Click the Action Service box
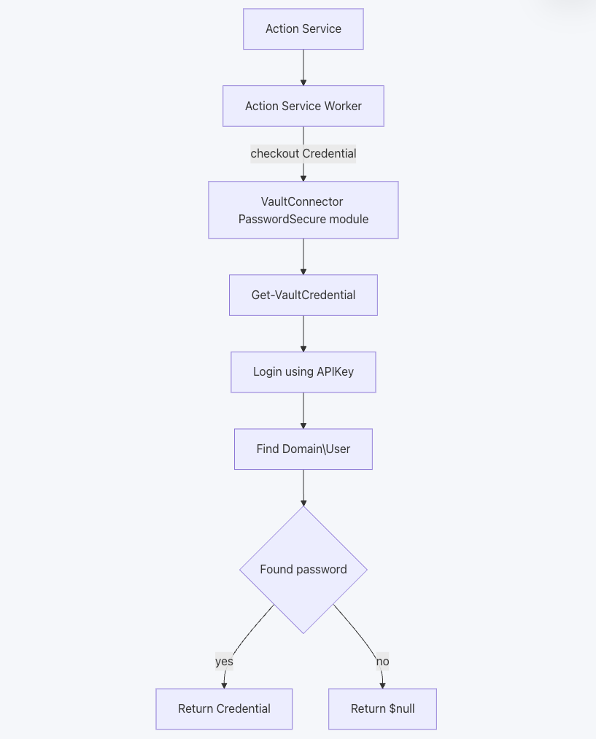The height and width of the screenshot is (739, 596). tap(303, 29)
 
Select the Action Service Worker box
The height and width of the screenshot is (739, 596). tap(303, 107)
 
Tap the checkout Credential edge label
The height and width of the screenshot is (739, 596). tap(303, 154)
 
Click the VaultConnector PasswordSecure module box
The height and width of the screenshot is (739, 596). tap(303, 210)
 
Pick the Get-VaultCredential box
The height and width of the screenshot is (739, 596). tap(303, 295)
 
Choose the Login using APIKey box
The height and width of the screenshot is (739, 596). tap(303, 372)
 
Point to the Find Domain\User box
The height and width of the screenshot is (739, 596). tap(303, 449)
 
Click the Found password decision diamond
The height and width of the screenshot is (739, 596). tap(303, 570)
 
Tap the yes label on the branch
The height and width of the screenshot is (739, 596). tap(224, 662)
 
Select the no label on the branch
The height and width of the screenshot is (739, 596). tap(382, 662)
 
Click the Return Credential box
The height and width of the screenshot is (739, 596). tap(224, 709)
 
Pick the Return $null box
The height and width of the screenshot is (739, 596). tap(382, 709)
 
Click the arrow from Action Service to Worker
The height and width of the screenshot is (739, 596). tap(303, 68)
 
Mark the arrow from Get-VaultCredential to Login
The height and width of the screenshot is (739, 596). tap(303, 333)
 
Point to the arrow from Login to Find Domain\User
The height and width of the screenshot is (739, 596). tap(303, 411)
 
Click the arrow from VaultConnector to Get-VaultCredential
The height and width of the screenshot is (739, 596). tap(303, 256)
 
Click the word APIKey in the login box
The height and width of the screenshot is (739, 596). tap(335, 372)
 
